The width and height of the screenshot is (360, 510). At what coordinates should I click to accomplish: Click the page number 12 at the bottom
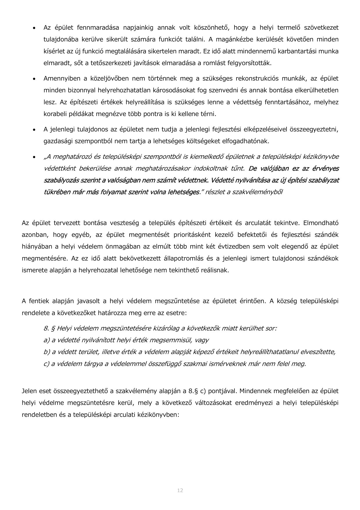point(180,490)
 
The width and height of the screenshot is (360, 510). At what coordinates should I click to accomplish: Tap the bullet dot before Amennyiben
point(35,79)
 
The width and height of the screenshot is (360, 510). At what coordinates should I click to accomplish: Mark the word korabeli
point(54,114)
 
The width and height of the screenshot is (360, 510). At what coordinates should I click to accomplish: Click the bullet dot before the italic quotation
point(35,157)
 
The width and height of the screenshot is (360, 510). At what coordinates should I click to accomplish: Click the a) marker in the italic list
point(47,340)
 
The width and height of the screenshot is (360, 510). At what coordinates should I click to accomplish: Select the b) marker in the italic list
point(47,352)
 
